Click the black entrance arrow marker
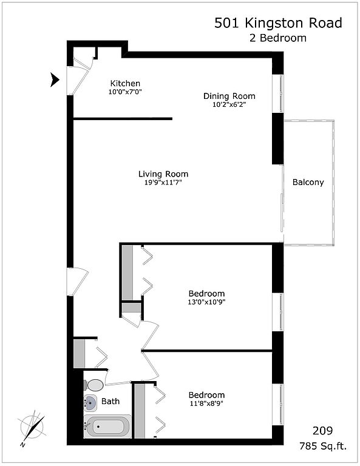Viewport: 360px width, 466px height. pos(55,79)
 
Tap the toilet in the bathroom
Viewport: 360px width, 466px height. pos(94,385)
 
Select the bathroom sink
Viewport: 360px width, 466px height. pos(90,403)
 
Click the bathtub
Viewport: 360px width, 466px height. pos(107,426)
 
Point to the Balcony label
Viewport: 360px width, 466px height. pos(308,182)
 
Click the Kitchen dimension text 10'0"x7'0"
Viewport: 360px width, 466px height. pos(125,92)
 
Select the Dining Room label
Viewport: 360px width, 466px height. pos(229,96)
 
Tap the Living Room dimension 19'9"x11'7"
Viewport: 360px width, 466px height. pos(163,183)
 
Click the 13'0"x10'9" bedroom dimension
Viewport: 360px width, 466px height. pos(206,302)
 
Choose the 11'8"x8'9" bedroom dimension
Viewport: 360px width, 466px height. pos(206,404)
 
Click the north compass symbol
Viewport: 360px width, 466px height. pos(32,427)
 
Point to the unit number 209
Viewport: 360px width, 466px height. pos(322,430)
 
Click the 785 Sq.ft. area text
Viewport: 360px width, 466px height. pos(323,446)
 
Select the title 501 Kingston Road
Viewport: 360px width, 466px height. pos(278,23)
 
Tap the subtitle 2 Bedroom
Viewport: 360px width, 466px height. pos(278,38)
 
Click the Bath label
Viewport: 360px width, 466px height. pos(110,401)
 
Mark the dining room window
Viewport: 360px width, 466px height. pos(278,93)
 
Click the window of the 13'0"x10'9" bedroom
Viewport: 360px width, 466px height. pos(278,312)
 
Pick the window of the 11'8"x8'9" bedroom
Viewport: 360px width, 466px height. pos(278,405)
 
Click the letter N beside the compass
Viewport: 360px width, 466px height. pos(22,445)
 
